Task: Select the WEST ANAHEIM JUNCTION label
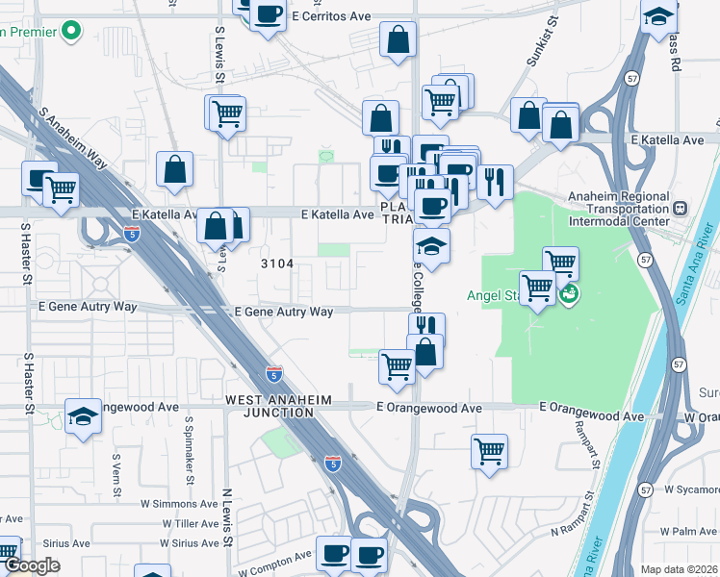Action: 270,405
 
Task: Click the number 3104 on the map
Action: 275,263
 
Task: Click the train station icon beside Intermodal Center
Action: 681,208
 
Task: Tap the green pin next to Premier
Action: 71,31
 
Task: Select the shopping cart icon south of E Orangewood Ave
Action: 490,450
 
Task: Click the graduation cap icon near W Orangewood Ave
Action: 84,416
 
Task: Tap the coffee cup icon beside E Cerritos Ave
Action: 269,14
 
